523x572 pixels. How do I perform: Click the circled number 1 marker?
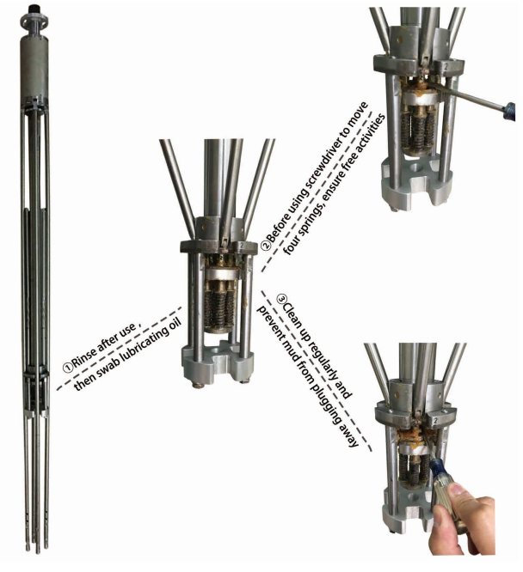click(68, 368)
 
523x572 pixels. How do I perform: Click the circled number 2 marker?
click(266, 245)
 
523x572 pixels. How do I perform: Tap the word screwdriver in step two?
click(321, 171)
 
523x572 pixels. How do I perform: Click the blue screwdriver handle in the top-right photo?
click(510, 111)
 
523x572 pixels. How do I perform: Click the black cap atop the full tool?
click(34, 8)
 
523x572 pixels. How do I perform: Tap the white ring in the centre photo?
click(220, 274)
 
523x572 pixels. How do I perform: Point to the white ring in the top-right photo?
click(420, 97)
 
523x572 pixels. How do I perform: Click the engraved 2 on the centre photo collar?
click(241, 246)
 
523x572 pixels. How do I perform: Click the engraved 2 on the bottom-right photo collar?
click(435, 421)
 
